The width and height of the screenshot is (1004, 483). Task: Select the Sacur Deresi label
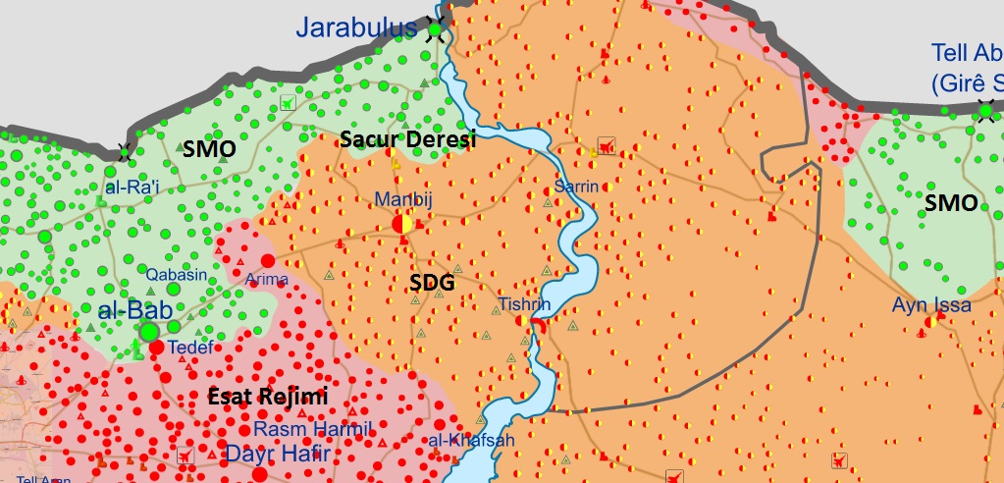(407, 140)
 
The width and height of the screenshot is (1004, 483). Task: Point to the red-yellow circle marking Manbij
(402, 224)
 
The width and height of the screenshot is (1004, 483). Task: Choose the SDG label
(432, 283)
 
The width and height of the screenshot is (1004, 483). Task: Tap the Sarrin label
(576, 186)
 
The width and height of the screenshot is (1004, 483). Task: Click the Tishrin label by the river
(524, 304)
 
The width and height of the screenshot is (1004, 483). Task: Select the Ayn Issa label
(931, 305)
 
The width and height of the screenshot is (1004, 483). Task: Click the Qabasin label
(177, 275)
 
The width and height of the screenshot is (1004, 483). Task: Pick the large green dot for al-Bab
(149, 333)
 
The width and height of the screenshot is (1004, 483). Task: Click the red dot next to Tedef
(156, 347)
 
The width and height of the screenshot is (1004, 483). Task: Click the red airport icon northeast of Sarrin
(608, 147)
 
